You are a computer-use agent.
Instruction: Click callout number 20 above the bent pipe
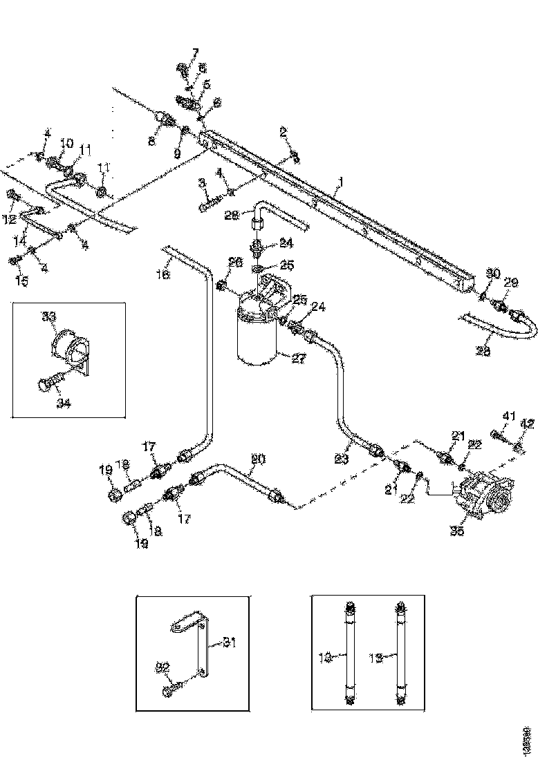[257, 459]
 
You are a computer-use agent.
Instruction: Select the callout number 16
[163, 275]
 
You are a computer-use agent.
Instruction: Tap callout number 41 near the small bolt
[509, 415]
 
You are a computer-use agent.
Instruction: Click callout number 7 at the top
[194, 53]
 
